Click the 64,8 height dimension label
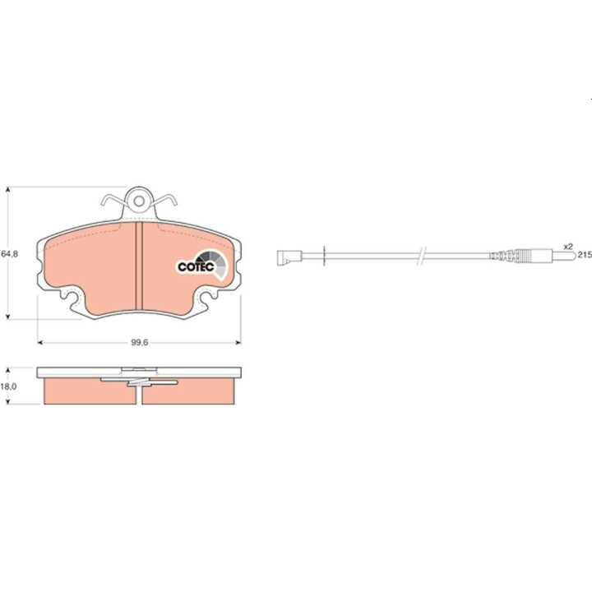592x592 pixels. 9,254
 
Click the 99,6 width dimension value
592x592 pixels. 140,342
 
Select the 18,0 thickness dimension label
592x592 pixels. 8,386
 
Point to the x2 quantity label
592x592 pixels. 568,247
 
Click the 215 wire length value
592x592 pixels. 585,255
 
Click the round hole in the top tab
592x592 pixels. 139,201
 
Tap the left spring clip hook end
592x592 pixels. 103,203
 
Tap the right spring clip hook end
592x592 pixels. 175,203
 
